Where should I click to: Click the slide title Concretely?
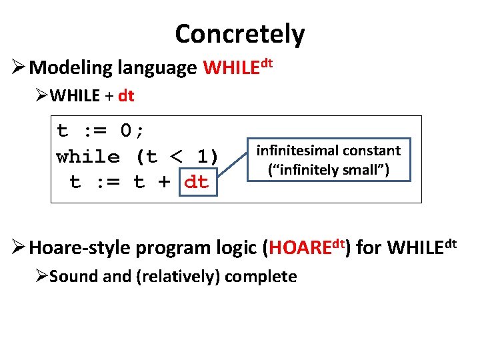coord(239,33)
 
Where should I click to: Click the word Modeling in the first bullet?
coord(71,68)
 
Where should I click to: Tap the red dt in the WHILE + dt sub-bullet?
coord(126,96)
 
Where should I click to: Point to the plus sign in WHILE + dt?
coord(109,96)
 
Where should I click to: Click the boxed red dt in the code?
coord(196,181)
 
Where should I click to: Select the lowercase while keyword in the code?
coord(89,157)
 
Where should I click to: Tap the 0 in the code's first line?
coord(127,131)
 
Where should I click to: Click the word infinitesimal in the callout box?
coord(298,151)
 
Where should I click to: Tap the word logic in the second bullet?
coord(237,248)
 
